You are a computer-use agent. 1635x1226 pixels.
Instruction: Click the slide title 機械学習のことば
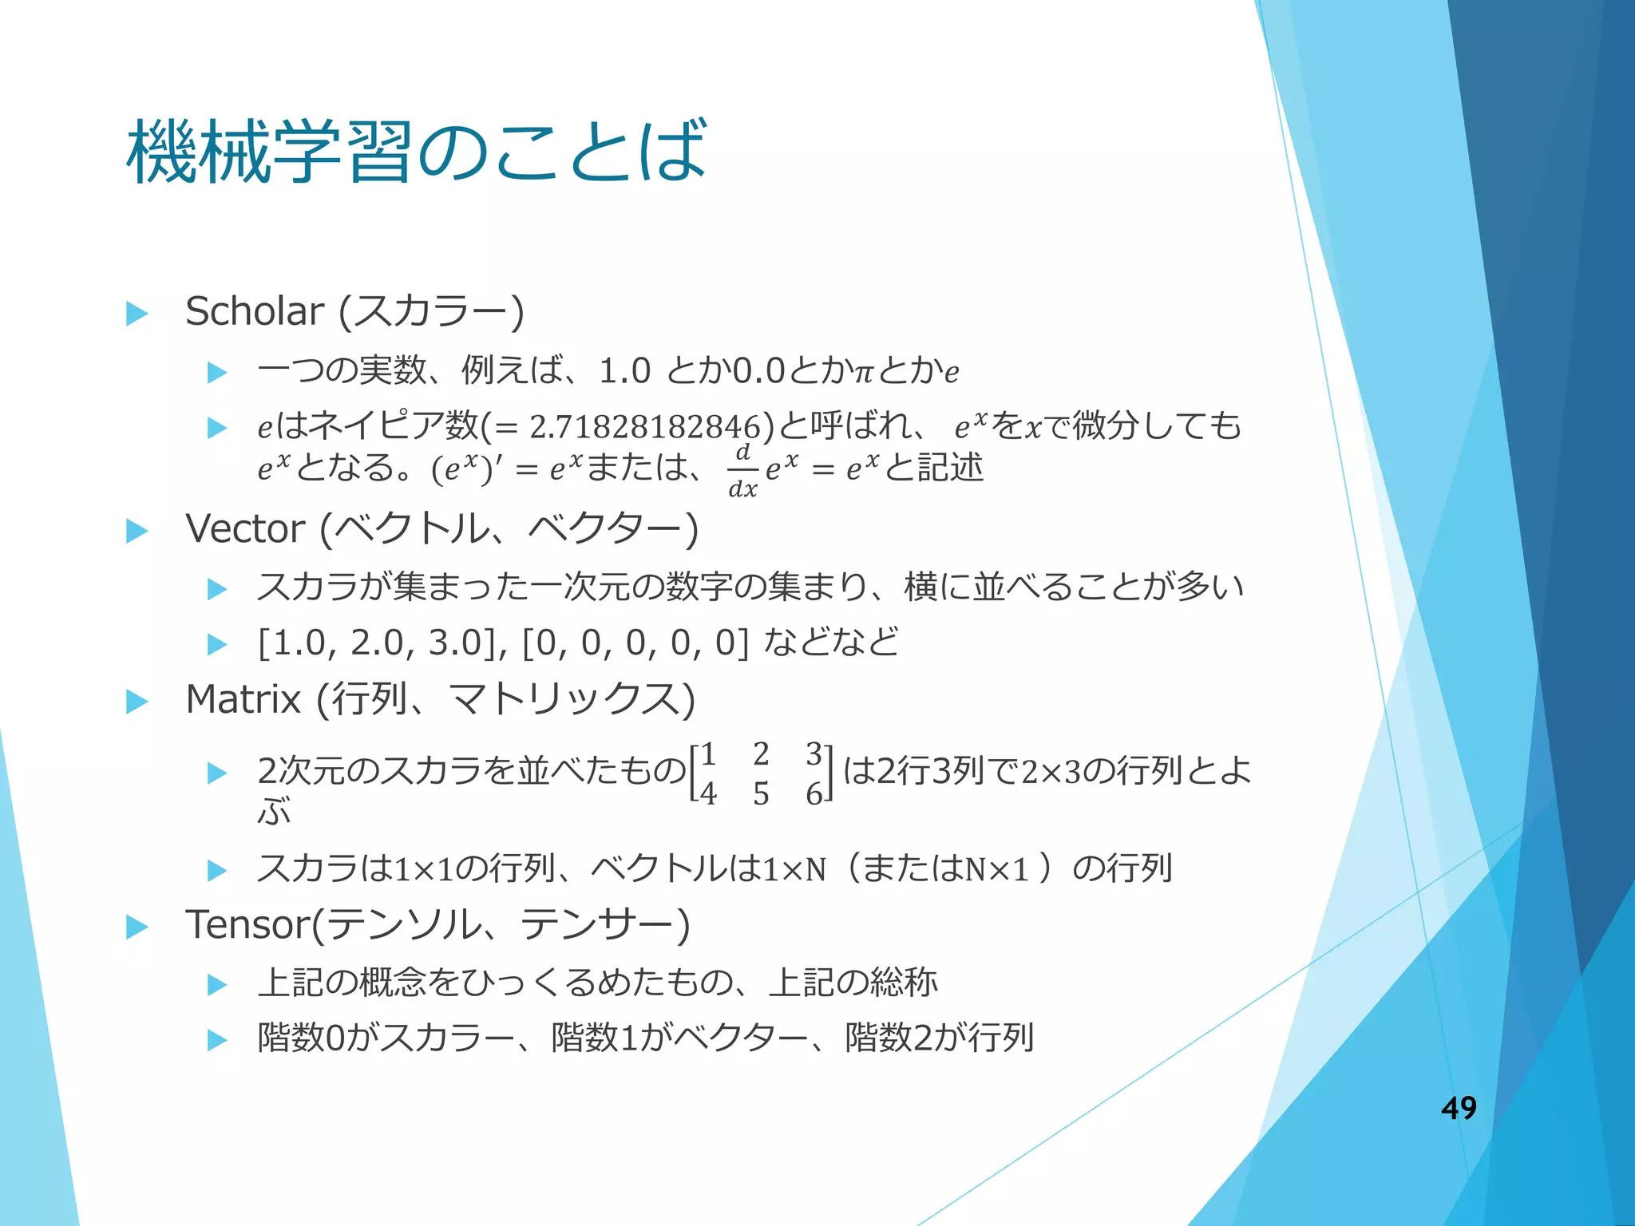(x=416, y=152)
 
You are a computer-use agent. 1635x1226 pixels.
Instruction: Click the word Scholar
(x=255, y=311)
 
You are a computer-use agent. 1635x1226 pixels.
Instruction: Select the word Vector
(x=245, y=529)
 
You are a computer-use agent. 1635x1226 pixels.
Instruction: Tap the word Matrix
(x=243, y=700)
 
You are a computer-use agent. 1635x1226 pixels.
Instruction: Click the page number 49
(x=1459, y=1108)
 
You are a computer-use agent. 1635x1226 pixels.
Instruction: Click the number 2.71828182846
(x=644, y=428)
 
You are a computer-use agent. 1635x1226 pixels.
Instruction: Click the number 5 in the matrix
(x=761, y=794)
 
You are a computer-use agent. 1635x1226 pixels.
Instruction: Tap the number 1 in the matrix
(x=707, y=754)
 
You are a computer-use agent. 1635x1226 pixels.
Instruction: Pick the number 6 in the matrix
(x=814, y=794)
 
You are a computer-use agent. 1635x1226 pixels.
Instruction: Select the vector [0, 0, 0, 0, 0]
(x=635, y=643)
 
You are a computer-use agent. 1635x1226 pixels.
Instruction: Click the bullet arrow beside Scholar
(x=137, y=314)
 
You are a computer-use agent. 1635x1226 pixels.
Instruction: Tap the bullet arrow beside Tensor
(x=137, y=927)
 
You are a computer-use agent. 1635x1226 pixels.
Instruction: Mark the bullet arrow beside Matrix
(x=137, y=702)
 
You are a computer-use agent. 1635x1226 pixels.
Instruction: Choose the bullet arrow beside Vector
(x=137, y=532)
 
